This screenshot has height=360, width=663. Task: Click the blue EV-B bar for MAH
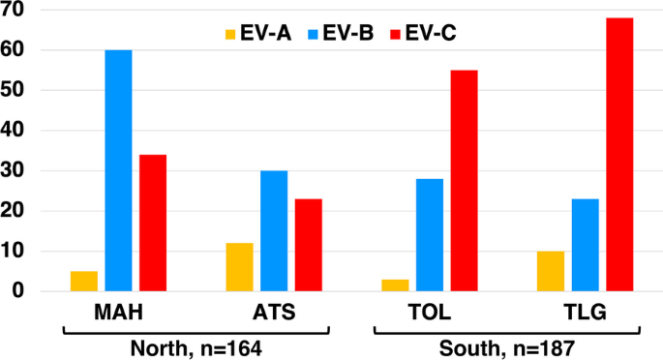click(118, 170)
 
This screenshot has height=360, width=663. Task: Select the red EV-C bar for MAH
click(153, 223)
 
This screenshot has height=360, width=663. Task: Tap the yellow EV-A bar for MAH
click(84, 281)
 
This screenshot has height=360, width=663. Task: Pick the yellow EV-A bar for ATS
click(239, 267)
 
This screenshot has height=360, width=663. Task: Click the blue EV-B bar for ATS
click(274, 230)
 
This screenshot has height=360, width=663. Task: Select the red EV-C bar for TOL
click(464, 180)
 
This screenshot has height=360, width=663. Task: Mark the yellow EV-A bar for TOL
click(395, 285)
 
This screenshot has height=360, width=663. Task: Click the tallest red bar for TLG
click(619, 154)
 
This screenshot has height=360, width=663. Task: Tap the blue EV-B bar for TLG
click(585, 245)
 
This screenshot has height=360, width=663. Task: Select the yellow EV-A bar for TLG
click(551, 271)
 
